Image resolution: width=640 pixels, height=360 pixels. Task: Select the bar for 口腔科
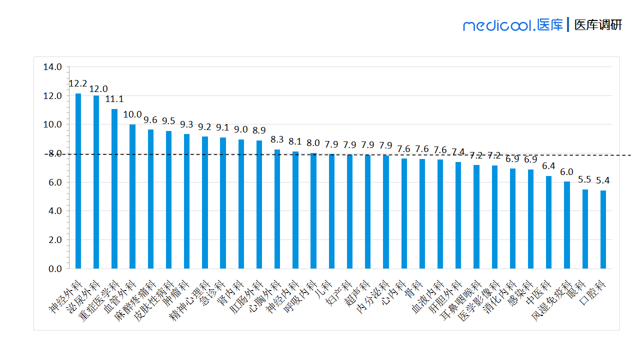click(x=603, y=229)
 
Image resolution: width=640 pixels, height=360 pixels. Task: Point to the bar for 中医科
click(x=548, y=222)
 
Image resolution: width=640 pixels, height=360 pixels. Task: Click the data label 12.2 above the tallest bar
click(x=78, y=83)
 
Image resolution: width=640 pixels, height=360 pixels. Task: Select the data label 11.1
click(x=114, y=99)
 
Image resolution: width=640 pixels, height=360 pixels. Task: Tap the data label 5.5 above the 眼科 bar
click(x=585, y=179)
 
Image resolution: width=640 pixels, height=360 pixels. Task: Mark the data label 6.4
click(x=548, y=166)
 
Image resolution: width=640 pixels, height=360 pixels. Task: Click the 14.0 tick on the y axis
click(x=52, y=67)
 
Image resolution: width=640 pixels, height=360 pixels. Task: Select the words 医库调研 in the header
click(x=598, y=25)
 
